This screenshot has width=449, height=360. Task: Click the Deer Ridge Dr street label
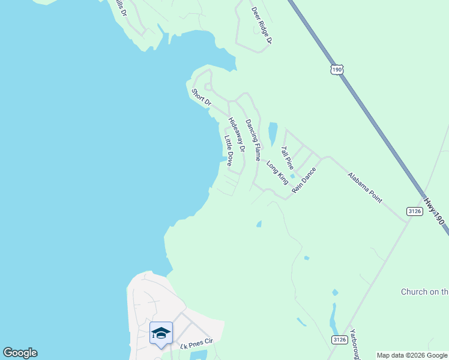tap(262, 26)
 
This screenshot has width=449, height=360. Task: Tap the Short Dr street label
tap(201, 97)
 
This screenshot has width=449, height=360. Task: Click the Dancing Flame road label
tap(253, 134)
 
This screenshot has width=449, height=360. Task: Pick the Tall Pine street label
tap(288, 157)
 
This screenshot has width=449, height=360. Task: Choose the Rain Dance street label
tap(304, 179)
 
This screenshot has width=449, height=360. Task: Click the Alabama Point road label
tap(364, 188)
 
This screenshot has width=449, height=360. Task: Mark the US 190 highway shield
tap(337, 70)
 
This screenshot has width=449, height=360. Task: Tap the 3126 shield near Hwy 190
tap(414, 211)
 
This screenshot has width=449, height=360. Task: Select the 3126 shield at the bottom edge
tap(339, 340)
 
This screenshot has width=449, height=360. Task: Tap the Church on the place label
tap(424, 292)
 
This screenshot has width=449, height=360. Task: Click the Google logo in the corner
tap(20, 353)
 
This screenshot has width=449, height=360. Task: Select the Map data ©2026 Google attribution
tap(412, 355)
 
